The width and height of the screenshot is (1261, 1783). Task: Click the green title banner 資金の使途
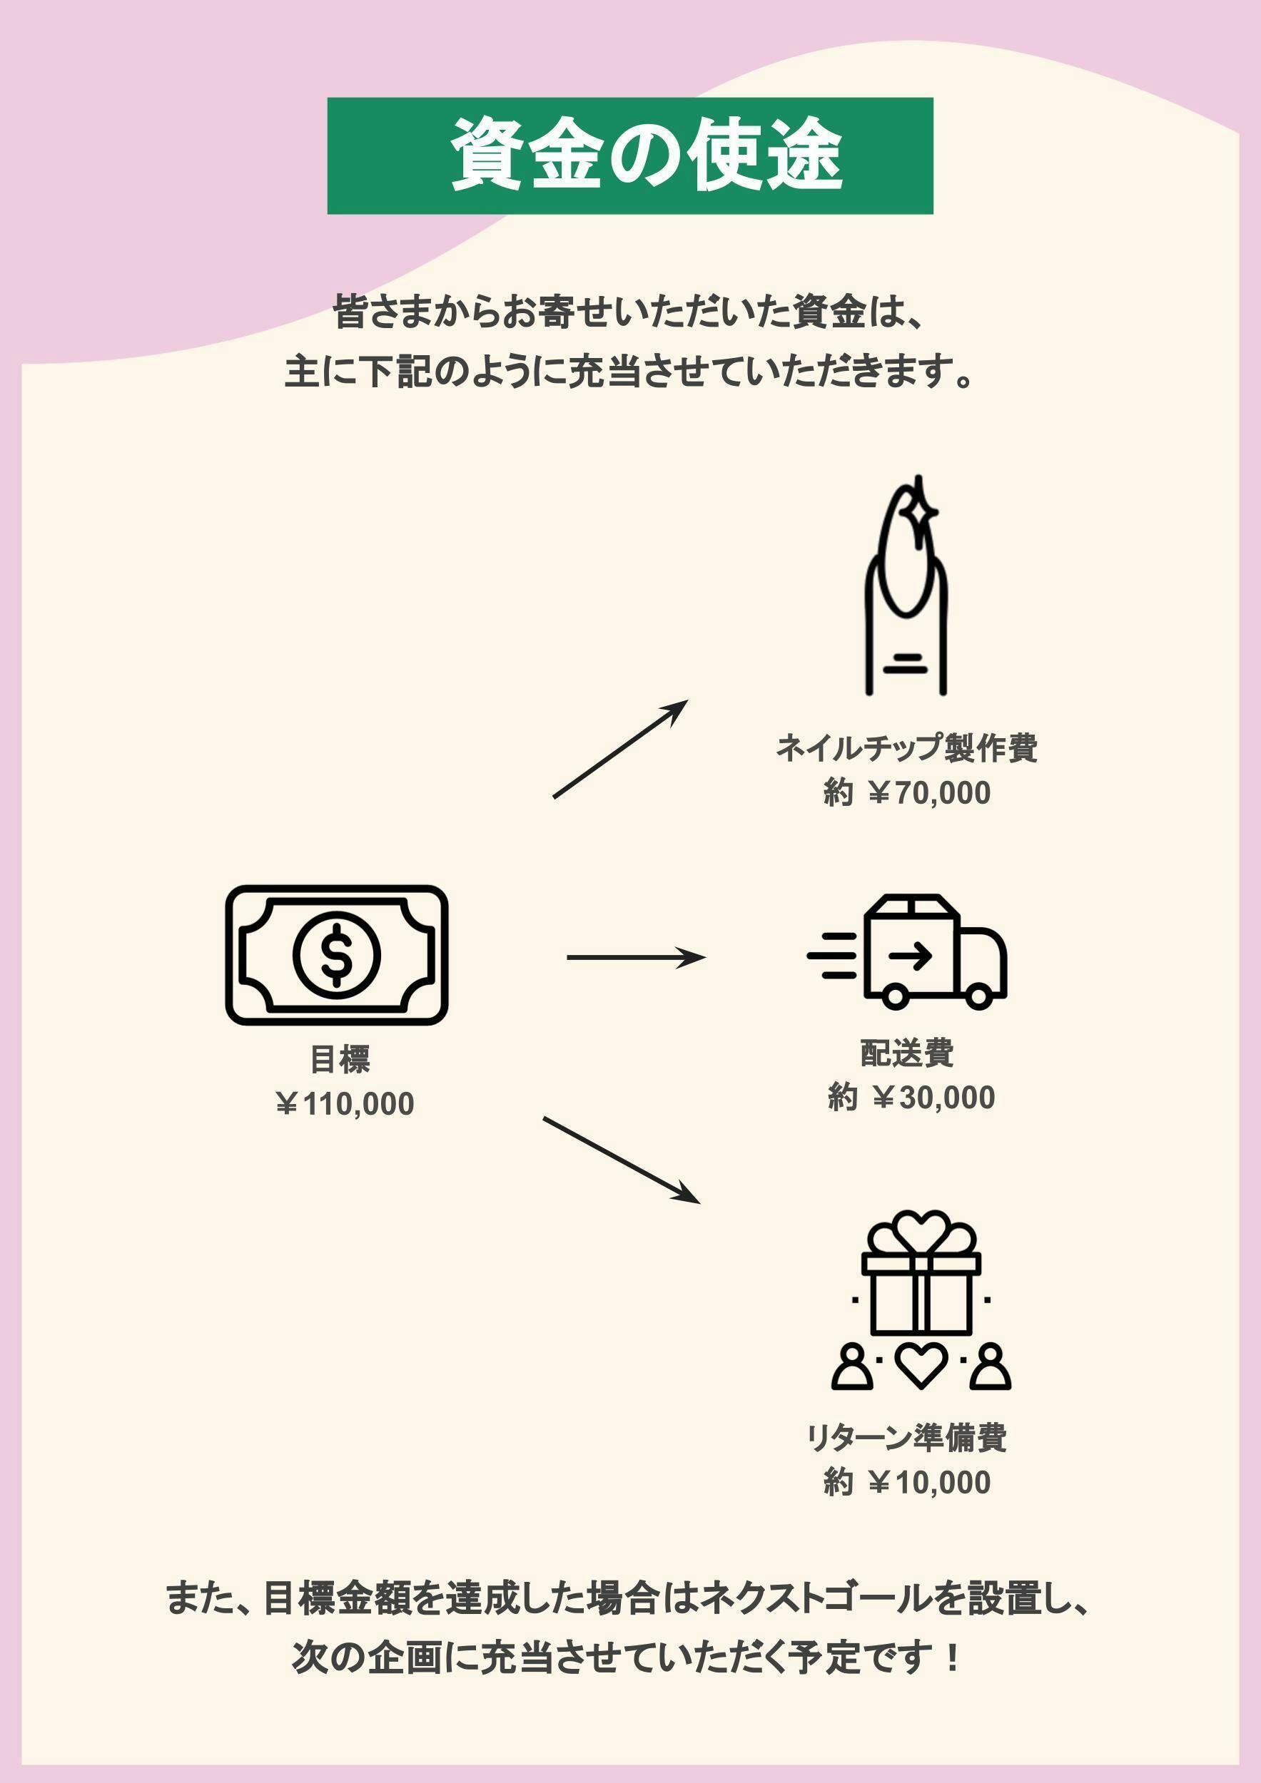point(629,155)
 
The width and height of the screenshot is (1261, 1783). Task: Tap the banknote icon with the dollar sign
point(336,954)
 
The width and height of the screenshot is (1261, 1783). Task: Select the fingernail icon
point(907,591)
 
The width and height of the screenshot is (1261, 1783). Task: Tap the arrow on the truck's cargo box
point(910,956)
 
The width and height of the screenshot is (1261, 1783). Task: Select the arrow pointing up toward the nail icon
point(620,749)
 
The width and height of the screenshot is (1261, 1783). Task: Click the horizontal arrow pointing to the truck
point(636,958)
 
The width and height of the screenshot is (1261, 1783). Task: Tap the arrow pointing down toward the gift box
point(622,1160)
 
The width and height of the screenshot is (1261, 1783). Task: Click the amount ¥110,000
point(345,1103)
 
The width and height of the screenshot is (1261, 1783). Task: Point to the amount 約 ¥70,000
point(907,793)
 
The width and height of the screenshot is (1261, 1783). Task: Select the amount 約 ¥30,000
point(911,1098)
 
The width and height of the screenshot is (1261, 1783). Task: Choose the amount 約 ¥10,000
point(907,1482)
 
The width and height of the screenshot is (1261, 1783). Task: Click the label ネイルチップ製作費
point(907,748)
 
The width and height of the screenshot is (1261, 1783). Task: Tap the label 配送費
point(907,1053)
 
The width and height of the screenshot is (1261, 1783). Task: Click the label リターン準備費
point(907,1437)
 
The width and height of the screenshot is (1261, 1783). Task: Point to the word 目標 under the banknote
point(340,1059)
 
